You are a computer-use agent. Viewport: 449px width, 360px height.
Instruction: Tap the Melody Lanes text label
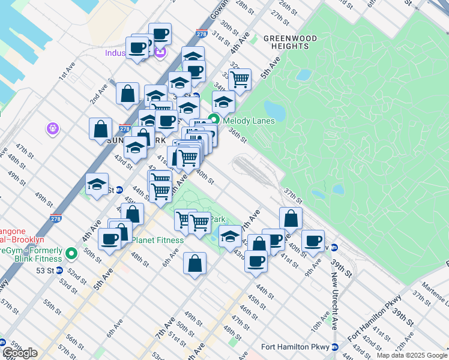point(249,120)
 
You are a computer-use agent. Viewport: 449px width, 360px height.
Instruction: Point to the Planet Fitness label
point(157,240)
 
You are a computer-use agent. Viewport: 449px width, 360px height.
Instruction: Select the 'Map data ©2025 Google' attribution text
point(412,355)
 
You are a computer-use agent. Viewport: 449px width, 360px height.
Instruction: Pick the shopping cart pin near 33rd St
point(240,79)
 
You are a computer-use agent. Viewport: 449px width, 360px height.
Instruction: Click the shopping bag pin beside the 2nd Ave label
point(128,94)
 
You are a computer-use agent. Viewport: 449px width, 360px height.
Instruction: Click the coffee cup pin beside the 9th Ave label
point(312,241)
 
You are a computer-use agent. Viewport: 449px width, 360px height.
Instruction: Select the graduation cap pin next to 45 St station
point(96,185)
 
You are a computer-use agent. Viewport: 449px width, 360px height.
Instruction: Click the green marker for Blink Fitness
point(71,254)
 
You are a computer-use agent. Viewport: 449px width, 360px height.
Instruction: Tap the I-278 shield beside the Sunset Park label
point(125,129)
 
